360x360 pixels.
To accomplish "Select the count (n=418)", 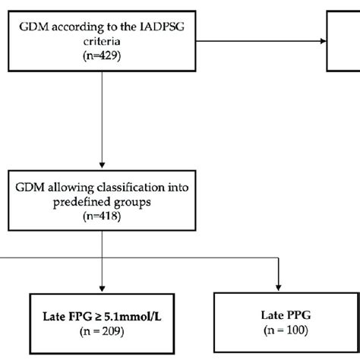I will click(102, 216).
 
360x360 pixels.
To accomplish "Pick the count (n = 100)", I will click(281, 330).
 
